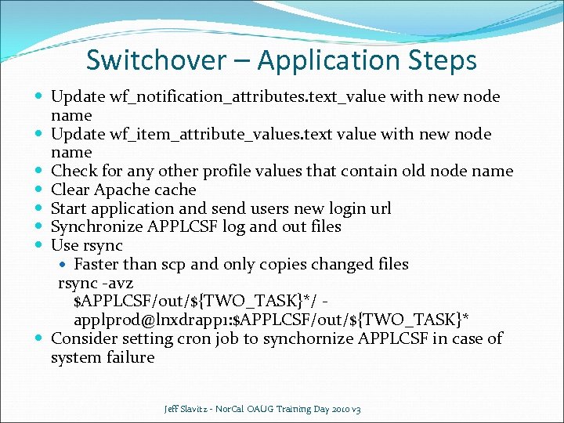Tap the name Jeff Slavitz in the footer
[186, 410]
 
